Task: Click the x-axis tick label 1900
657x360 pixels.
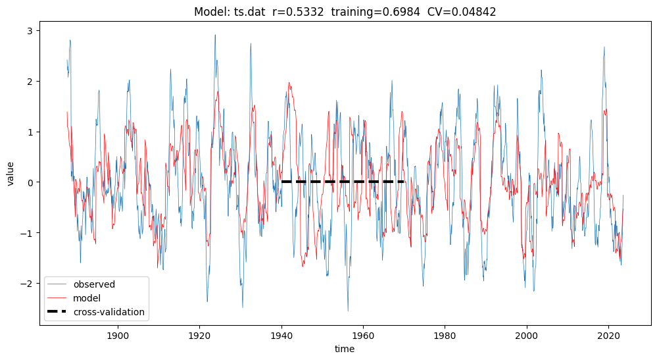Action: point(118,334)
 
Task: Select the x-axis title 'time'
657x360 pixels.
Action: point(345,349)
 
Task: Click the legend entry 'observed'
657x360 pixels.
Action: point(94,284)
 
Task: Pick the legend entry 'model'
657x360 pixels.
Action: point(88,298)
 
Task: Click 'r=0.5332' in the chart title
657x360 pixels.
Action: point(299,12)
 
